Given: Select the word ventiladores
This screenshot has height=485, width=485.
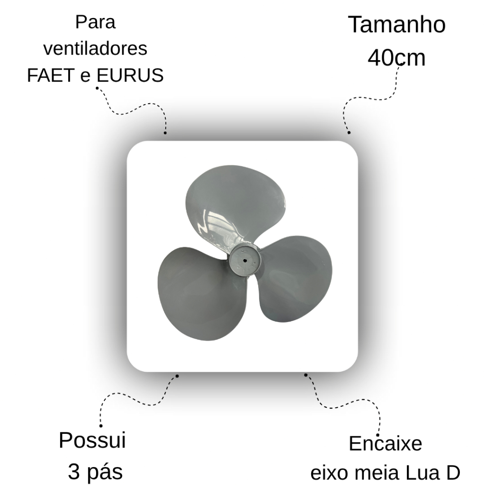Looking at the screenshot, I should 95,49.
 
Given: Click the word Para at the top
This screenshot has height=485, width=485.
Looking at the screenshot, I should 95,22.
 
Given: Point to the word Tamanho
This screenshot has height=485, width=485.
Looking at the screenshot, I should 397,25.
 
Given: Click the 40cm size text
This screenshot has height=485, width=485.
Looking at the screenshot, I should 397,58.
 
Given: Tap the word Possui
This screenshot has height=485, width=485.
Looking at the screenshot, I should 92,440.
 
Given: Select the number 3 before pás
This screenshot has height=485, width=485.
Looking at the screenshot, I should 74,472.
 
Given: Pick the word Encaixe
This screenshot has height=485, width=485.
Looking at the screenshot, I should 385,444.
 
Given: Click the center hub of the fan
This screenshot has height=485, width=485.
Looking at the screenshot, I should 244,260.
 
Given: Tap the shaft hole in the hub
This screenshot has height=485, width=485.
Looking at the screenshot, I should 244,260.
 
